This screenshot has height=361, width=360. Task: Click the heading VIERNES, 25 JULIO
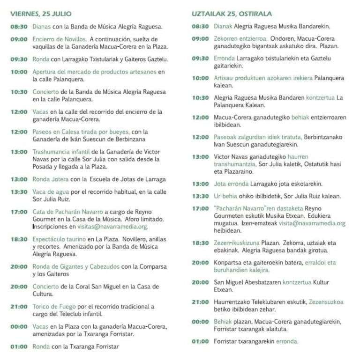point(41,13)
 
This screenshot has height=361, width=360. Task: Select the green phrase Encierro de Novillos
point(60,39)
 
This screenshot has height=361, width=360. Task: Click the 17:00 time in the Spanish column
point(19,212)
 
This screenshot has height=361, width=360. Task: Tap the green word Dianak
point(223,26)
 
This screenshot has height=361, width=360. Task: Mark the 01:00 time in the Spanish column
point(19,347)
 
